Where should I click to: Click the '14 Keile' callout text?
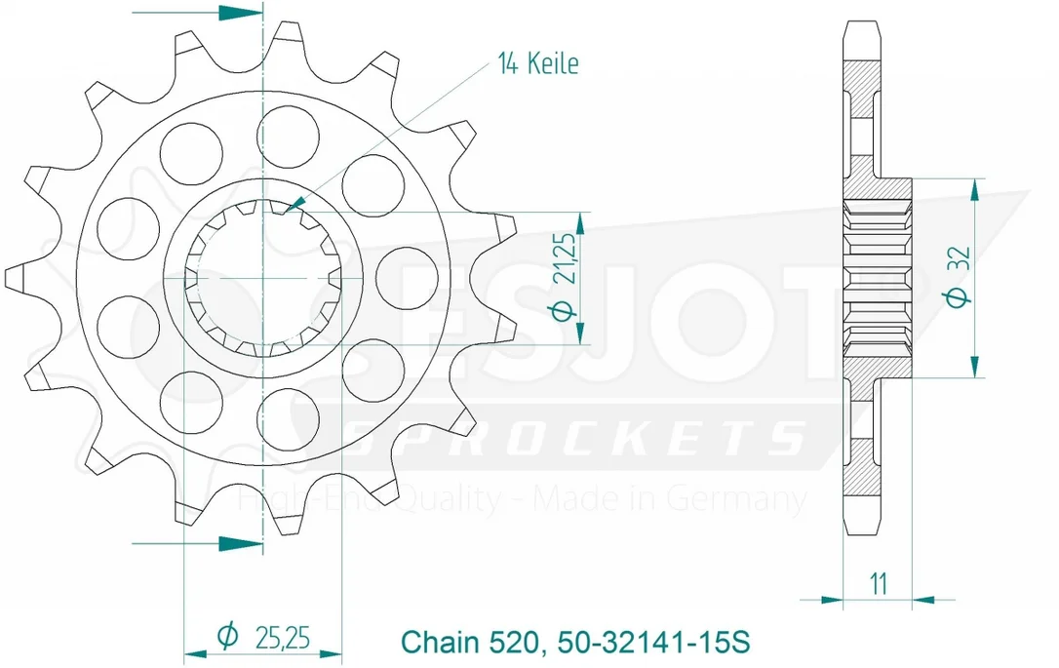(x=538, y=63)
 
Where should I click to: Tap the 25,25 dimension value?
(x=283, y=636)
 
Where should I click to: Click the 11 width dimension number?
(x=878, y=583)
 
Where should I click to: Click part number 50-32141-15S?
(x=653, y=641)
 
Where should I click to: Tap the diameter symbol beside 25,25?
(x=228, y=635)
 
